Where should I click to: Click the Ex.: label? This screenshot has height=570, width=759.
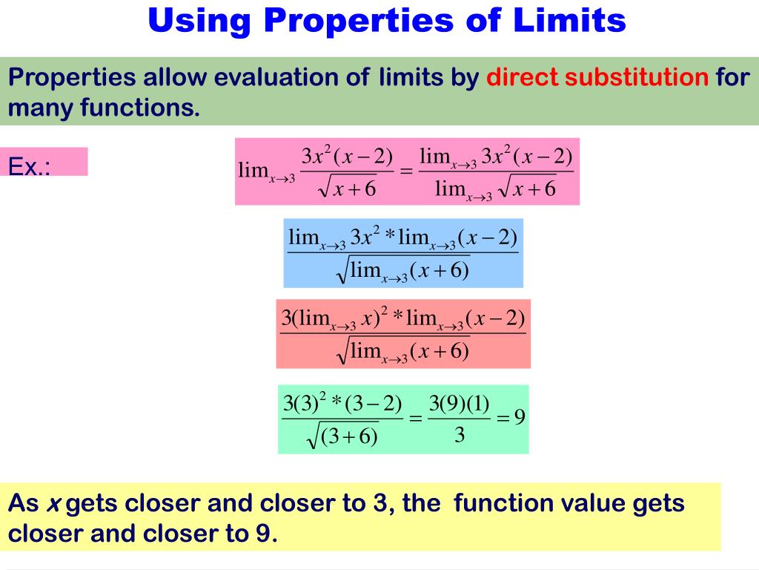[x=30, y=166]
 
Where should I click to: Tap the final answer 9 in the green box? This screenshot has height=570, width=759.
[x=520, y=416]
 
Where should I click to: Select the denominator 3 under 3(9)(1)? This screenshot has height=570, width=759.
[x=459, y=436]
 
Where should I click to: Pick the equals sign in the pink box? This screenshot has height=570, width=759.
[x=405, y=171]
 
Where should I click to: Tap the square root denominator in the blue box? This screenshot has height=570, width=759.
[x=404, y=272]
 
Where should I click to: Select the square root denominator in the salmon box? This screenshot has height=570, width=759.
[x=404, y=352]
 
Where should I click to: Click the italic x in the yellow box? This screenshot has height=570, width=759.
[x=53, y=504]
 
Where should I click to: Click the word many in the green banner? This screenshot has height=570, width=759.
[x=41, y=108]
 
